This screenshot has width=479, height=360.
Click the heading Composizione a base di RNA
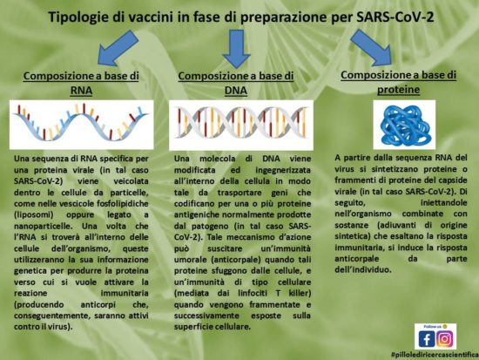81,84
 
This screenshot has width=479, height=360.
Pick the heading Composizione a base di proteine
398,82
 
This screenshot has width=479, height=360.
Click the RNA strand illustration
81,121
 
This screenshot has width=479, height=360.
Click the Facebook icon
426,337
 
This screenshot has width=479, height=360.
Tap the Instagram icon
445,337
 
